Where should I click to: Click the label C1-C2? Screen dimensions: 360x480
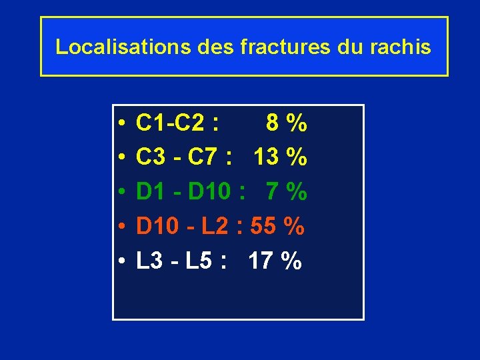(x=171, y=123)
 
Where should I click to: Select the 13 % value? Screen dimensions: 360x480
(x=280, y=158)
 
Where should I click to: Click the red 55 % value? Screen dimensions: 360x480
(x=277, y=227)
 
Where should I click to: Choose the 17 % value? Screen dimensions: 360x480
(x=275, y=262)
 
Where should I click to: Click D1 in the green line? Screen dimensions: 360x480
(x=151, y=193)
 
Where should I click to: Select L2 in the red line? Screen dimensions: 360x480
(x=215, y=227)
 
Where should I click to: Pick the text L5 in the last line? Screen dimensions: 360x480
(x=199, y=262)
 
